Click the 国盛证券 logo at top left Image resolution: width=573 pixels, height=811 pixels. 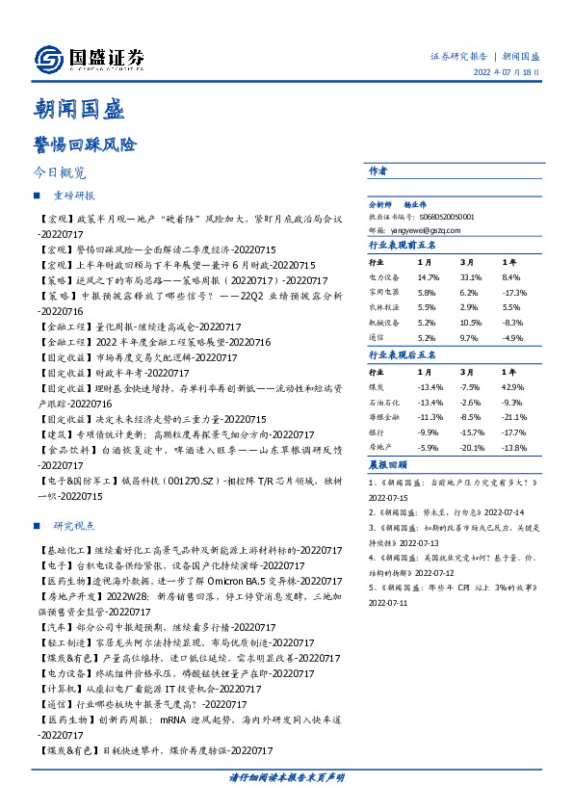90,59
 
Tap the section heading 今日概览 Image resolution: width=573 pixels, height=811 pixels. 59,173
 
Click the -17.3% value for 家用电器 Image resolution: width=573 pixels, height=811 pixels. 515,291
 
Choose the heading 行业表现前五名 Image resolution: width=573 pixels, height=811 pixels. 403,246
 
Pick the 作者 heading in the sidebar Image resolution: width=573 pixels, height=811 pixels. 378,170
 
